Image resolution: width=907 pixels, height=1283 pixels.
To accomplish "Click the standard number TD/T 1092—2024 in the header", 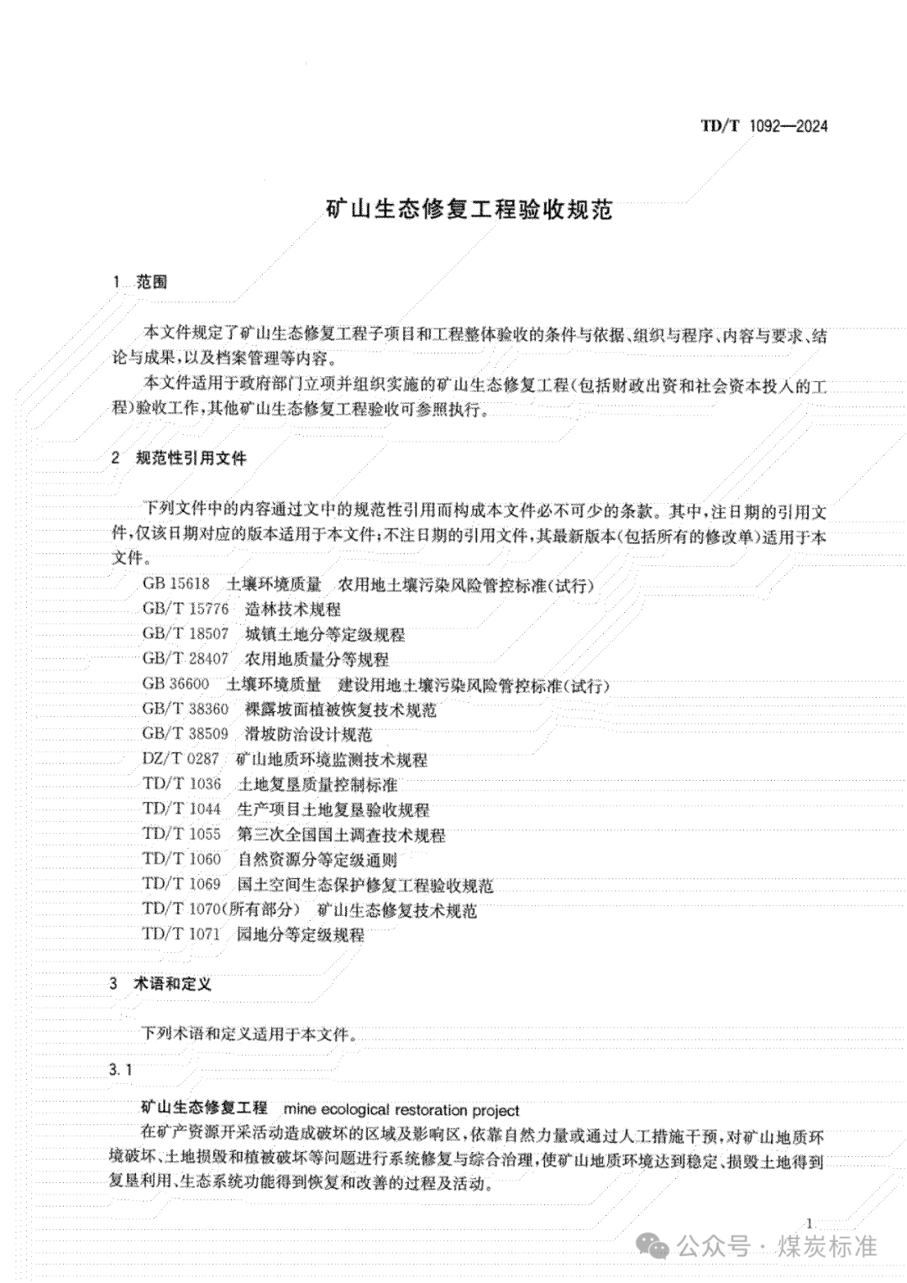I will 763,126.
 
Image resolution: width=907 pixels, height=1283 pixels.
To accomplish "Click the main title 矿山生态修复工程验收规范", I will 469,209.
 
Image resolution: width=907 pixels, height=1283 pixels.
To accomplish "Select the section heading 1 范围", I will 140,282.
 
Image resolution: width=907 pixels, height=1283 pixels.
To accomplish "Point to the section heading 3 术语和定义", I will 160,983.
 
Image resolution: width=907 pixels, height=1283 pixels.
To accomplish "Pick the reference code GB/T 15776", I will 185,610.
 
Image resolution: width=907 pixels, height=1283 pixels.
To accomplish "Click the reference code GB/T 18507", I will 185,634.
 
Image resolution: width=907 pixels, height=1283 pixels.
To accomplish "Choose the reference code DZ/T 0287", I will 181,759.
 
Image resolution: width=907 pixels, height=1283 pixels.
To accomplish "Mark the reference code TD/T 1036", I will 181,784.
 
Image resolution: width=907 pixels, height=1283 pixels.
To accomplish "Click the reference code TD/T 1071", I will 181,934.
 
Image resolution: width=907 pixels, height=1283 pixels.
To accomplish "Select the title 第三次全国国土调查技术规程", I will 341,835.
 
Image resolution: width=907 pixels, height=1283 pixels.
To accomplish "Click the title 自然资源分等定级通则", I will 317,859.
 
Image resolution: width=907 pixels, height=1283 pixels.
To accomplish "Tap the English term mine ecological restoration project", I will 402,1110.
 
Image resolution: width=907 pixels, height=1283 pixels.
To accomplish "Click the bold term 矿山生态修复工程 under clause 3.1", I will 204,1109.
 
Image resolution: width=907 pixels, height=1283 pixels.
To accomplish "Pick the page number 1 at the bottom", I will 807,1223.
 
